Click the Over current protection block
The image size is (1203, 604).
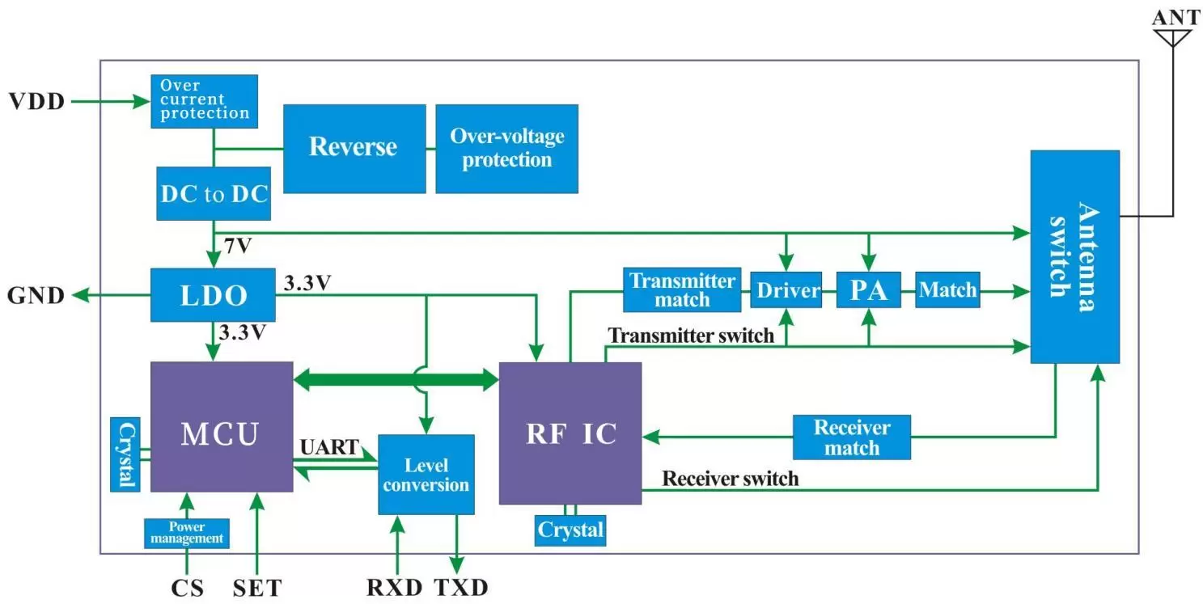204,101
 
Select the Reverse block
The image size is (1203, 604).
354,148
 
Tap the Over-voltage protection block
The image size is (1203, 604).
506,148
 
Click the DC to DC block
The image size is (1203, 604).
214,194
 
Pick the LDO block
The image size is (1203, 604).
214,295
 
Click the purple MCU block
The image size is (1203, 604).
221,426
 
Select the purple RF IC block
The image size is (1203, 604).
570,433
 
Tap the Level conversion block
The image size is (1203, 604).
426,475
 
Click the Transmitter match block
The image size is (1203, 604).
682,290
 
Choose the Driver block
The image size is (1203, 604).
786,290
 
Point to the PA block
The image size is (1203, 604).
868,290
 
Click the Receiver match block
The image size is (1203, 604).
851,437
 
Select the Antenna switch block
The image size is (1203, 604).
1074,256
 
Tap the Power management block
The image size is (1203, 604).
186,533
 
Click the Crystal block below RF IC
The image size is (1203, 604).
570,530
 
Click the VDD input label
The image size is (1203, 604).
36,102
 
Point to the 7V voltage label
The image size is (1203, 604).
238,245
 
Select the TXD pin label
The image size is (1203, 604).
461,588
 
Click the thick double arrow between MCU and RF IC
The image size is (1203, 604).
396,378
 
